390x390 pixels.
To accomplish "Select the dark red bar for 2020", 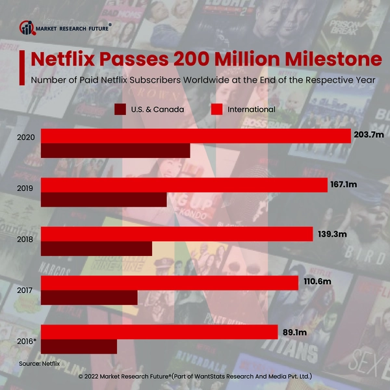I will click(x=116, y=151).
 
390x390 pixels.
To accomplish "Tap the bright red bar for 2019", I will click(x=184, y=185).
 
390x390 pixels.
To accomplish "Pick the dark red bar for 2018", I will click(x=96, y=249).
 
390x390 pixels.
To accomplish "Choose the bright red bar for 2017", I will click(x=170, y=283).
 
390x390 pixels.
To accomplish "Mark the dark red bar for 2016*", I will click(x=79, y=346).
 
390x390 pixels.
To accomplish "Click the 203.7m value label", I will click(x=370, y=135).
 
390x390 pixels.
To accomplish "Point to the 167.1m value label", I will click(x=344, y=185).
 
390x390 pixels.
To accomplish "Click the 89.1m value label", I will click(x=294, y=332).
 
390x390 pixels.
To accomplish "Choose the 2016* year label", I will click(x=27, y=339).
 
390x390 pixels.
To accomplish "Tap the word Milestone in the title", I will click(x=328, y=59).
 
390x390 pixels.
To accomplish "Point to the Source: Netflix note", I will click(x=39, y=363).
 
